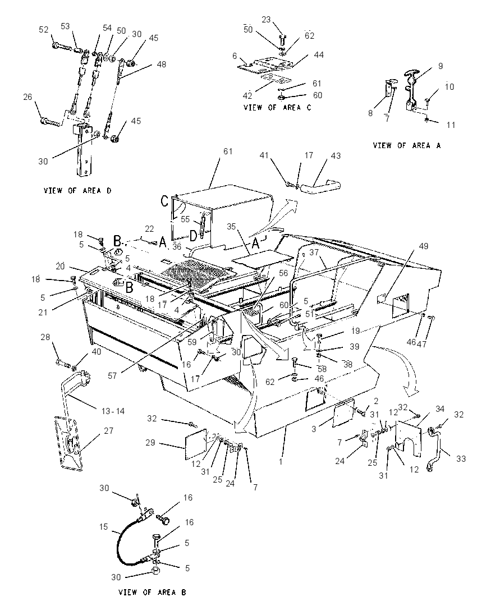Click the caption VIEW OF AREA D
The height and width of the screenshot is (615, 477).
(77, 191)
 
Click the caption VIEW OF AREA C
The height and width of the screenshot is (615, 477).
(277, 108)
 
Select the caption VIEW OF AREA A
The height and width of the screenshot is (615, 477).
(407, 145)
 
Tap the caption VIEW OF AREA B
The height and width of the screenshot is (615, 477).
(152, 592)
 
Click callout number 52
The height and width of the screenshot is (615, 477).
(44, 29)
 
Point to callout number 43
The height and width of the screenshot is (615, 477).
(336, 155)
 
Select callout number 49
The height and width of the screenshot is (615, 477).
(423, 246)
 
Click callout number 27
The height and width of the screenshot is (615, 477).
(109, 430)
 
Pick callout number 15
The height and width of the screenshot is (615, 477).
(104, 526)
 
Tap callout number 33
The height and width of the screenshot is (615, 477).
(461, 458)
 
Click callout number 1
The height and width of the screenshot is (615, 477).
(281, 462)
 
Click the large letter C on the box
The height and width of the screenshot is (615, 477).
(165, 201)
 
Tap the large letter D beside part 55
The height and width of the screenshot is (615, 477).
(194, 236)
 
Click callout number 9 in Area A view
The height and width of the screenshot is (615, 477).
(441, 66)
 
